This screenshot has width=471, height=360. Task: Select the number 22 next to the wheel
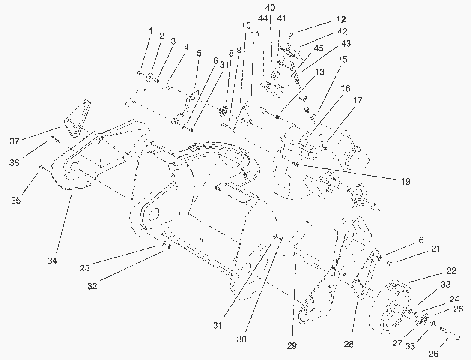(x=451, y=271)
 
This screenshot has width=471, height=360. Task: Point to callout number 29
(x=292, y=345)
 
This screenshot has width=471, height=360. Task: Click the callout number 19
(x=405, y=182)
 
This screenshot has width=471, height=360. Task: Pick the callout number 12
(x=341, y=19)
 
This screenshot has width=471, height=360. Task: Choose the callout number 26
(x=433, y=353)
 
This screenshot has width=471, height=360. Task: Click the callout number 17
(x=358, y=101)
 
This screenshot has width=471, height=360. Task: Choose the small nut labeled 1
(x=140, y=73)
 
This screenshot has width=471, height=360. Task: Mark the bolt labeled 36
(x=54, y=138)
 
